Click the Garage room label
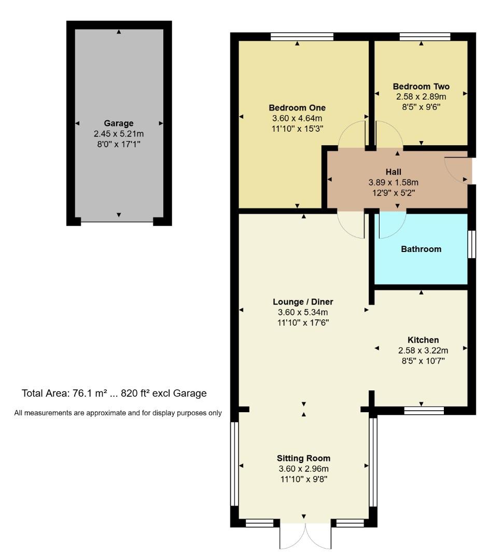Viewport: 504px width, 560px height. (119, 123)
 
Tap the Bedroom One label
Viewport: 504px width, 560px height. (297, 108)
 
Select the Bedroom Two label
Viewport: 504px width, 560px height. (421, 87)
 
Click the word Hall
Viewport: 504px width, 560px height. (393, 172)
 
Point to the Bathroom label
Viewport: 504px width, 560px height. (421, 249)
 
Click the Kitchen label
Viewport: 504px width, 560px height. (423, 340)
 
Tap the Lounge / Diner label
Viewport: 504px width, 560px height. (303, 302)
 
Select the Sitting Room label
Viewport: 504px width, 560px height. (303, 458)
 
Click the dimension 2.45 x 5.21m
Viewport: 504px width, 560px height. (119, 134)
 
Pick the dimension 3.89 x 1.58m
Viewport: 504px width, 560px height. (393, 182)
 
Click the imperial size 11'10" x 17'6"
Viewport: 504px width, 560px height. (303, 323)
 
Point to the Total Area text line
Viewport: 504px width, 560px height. (114, 394)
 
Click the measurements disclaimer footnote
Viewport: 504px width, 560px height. (118, 413)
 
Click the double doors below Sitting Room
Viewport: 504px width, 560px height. (305, 537)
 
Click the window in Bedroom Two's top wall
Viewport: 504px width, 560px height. (425, 36)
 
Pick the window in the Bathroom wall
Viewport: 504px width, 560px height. (471, 244)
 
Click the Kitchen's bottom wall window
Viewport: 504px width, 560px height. (424, 411)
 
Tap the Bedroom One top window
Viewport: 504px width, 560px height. (302, 36)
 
